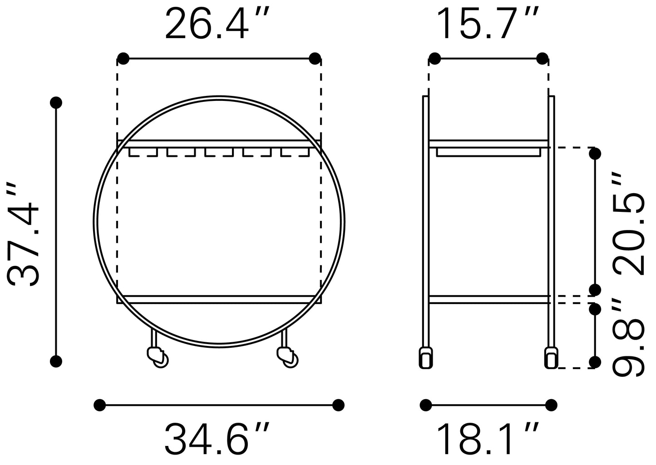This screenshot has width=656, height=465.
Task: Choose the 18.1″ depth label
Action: pyautogui.click(x=488, y=439)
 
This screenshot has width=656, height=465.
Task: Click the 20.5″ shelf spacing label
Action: pyautogui.click(x=629, y=223)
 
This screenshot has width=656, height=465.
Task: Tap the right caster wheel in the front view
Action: pyautogui.click(x=287, y=355)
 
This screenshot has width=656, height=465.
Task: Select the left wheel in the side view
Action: pyautogui.click(x=425, y=358)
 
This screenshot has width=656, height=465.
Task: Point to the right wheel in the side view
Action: pyautogui.click(x=550, y=358)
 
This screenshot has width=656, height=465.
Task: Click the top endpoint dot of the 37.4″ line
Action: pyautogui.click(x=56, y=103)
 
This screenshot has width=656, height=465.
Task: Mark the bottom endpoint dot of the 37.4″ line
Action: pyautogui.click(x=56, y=361)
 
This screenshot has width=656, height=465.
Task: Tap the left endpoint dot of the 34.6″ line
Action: pyautogui.click(x=99, y=405)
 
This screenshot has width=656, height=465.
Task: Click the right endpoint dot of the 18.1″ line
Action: pyautogui.click(x=551, y=405)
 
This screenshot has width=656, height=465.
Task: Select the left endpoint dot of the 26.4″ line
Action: pyautogui.click(x=123, y=58)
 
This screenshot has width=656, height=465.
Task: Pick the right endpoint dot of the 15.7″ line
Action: pyautogui.click(x=543, y=58)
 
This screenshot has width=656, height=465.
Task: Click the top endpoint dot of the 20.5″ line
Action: pyautogui.click(x=595, y=154)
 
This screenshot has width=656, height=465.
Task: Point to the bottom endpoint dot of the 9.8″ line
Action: pyautogui.click(x=595, y=362)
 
